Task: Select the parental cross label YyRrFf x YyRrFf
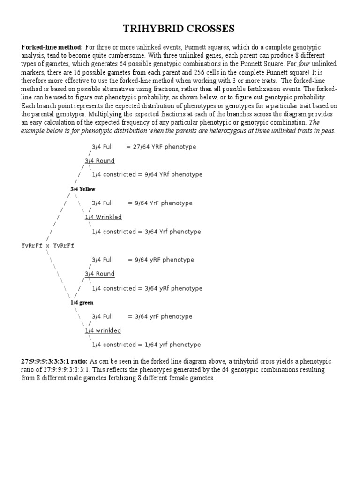[x=48, y=245]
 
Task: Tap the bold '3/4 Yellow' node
[x=82, y=189]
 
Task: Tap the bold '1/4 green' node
[x=82, y=302]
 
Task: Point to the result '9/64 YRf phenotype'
[x=168, y=174]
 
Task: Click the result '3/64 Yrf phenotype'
[x=167, y=232]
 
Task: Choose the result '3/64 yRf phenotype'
[x=168, y=288]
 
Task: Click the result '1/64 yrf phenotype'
[x=167, y=345]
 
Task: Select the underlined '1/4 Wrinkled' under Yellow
[x=103, y=217]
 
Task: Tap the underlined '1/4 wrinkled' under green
[x=103, y=330]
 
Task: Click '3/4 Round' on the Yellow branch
[x=99, y=161]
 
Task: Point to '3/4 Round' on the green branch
[x=99, y=274]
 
